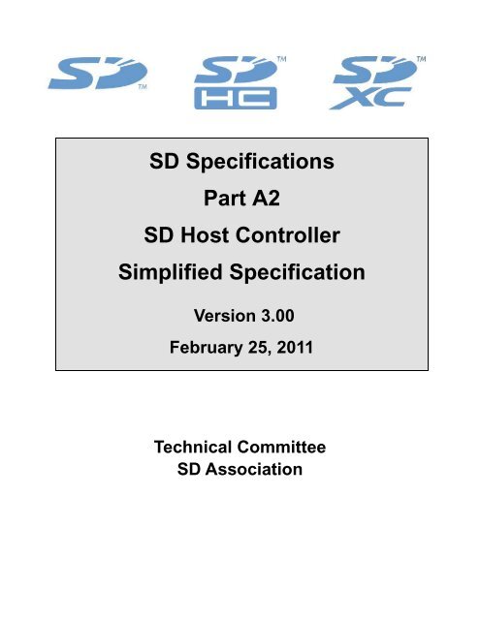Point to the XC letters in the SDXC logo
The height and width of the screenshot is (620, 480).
coord(378,98)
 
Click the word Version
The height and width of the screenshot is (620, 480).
coord(214,314)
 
